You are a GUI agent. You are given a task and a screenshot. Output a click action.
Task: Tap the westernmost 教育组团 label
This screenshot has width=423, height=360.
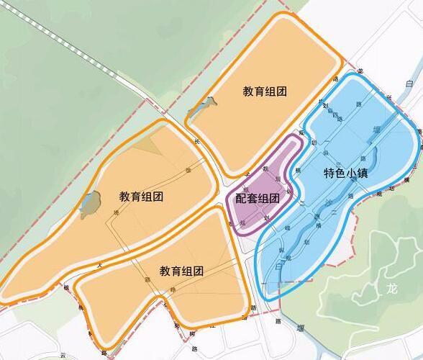click(141, 196)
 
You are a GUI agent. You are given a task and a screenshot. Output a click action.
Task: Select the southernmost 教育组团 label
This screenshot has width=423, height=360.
click(181, 271)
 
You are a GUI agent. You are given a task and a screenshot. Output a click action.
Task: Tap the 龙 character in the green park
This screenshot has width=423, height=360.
click(391, 289)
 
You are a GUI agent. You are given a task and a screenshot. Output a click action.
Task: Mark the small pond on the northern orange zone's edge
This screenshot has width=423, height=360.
click(198, 110)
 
